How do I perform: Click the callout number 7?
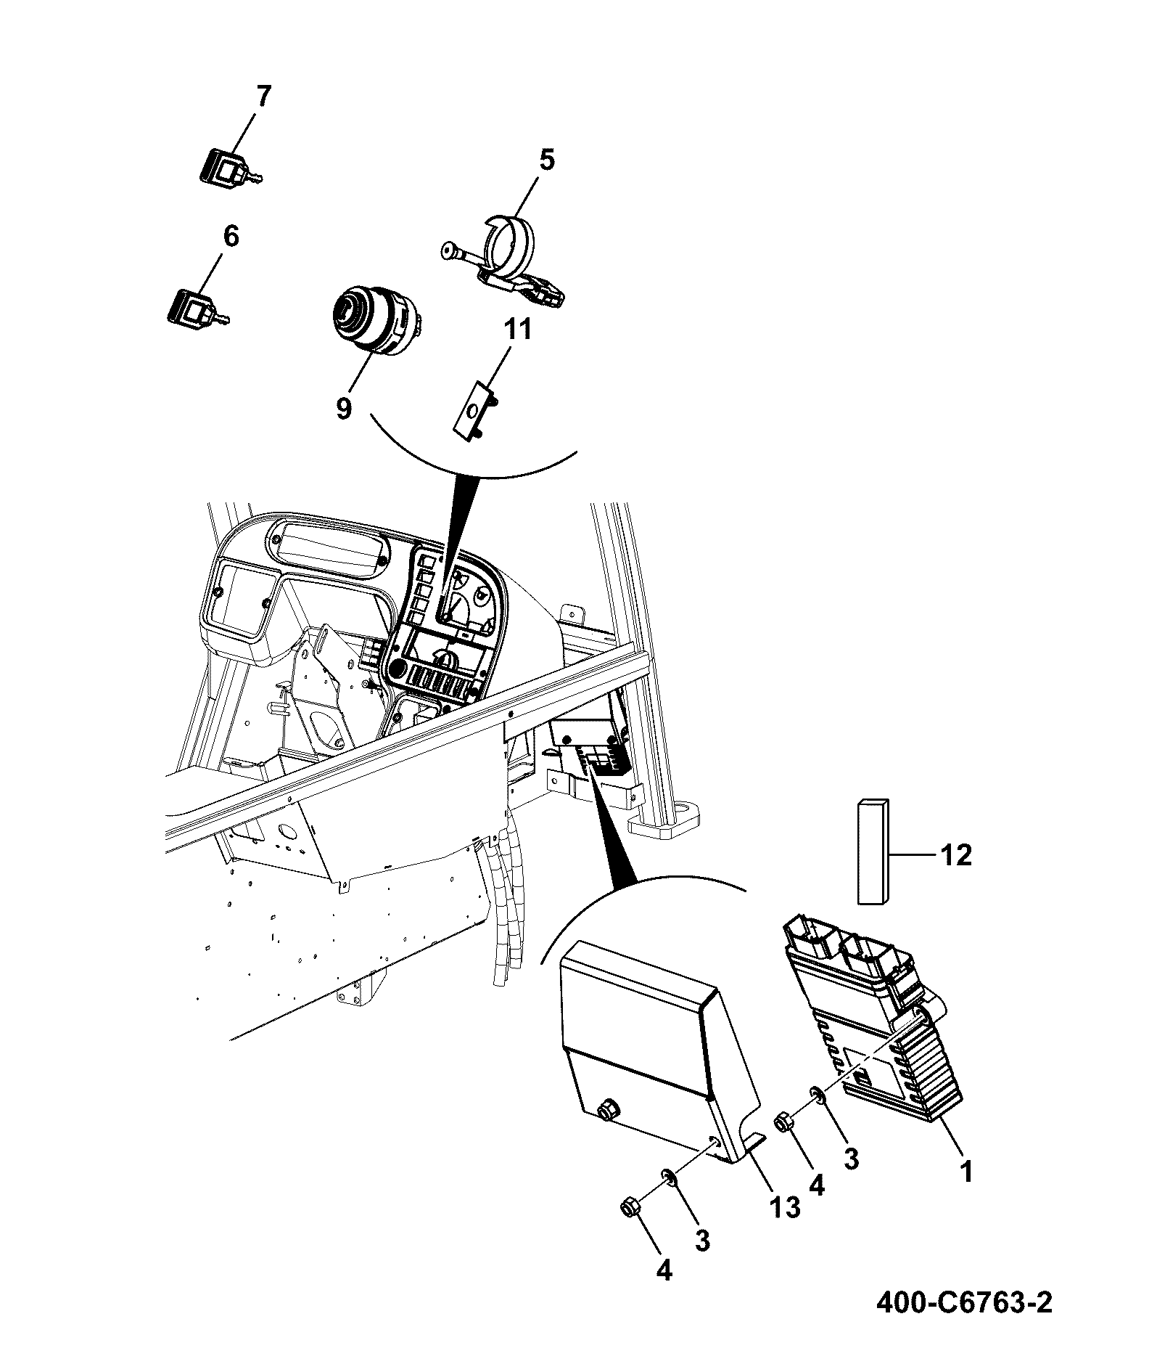[263, 97]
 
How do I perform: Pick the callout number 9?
[343, 408]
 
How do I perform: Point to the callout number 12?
[955, 855]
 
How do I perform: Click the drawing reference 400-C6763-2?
[964, 1323]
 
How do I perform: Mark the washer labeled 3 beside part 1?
[816, 1114]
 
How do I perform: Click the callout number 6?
[230, 237]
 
